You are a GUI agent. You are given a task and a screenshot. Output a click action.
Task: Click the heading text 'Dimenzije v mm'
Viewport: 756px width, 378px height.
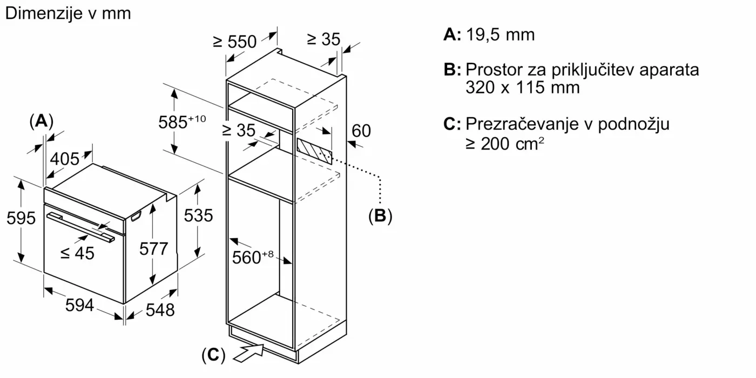coord(67,13)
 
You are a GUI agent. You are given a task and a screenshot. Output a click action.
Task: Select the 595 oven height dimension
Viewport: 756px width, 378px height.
coord(21,218)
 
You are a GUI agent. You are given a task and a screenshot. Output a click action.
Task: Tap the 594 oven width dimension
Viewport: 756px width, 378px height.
coord(79,305)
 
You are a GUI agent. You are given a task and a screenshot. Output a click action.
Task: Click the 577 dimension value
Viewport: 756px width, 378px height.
coord(154,248)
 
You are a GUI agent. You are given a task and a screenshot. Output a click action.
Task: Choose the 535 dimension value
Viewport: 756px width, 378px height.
coord(199,215)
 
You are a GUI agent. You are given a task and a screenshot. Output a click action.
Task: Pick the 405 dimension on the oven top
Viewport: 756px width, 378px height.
coord(65,159)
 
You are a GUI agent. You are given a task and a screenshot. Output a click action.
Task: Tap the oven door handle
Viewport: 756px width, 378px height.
coord(81,226)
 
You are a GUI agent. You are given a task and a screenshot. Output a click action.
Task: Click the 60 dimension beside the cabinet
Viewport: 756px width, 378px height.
coord(361,131)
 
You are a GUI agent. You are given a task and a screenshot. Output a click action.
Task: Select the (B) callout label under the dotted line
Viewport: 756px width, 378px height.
coord(380,216)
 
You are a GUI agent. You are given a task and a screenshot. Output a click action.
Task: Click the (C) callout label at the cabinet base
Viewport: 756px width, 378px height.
coord(213,355)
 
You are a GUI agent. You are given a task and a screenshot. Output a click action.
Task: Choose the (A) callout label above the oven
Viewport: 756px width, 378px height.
coord(41,122)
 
